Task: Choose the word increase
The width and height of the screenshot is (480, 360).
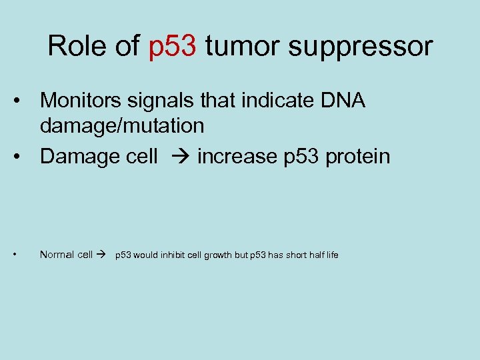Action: pos(237,157)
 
